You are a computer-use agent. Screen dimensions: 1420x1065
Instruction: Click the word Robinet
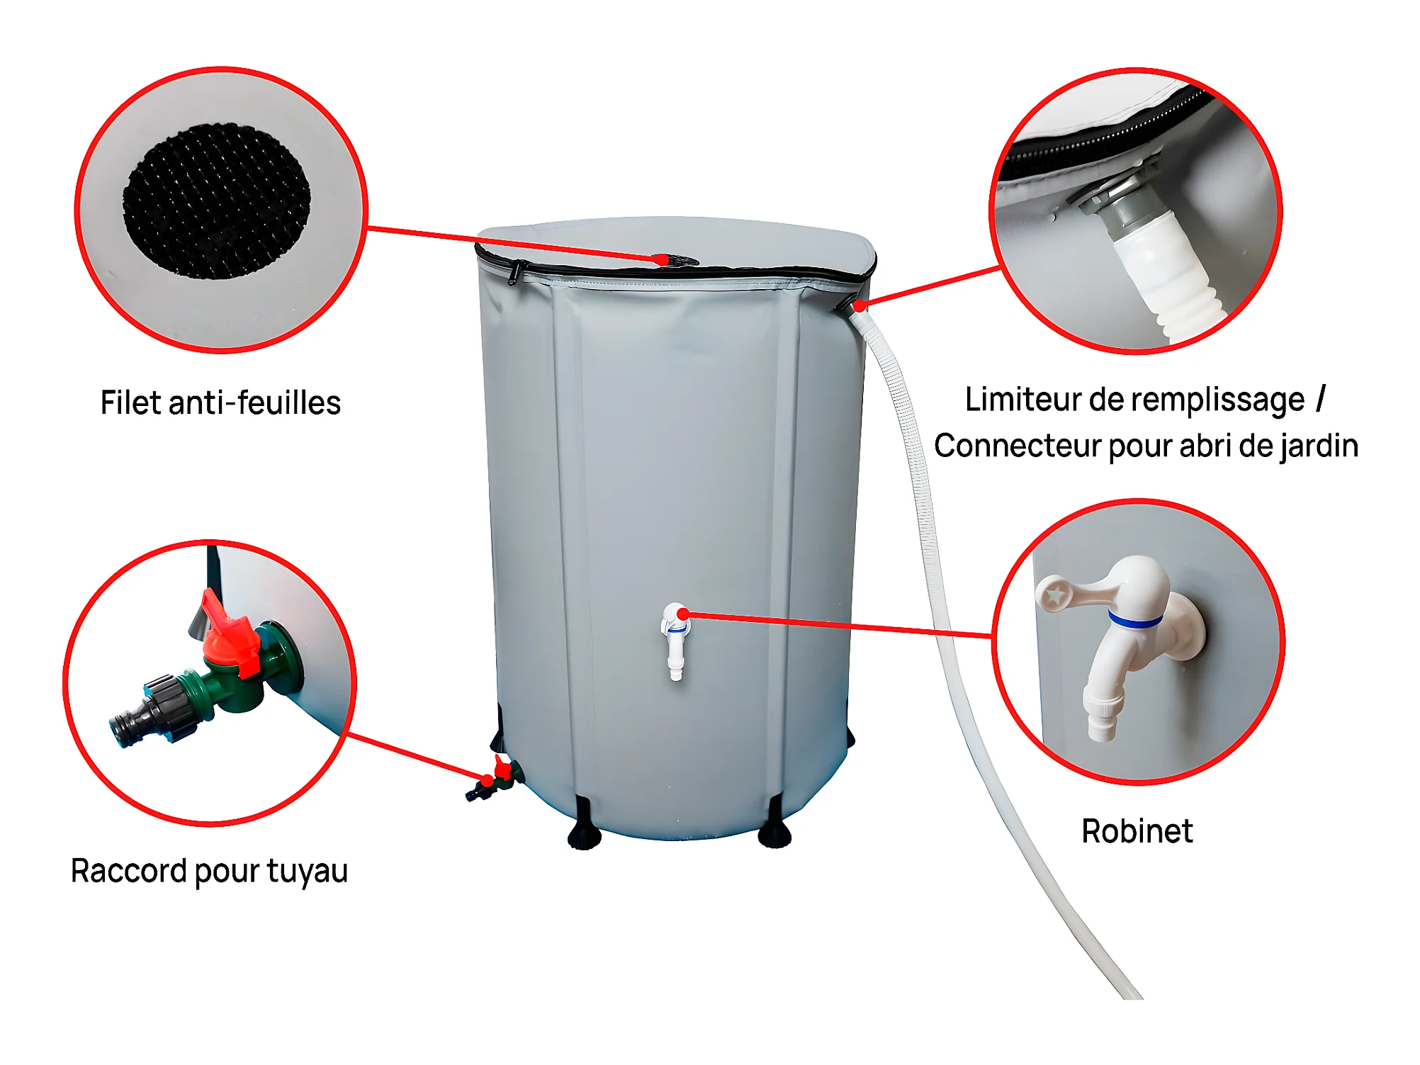coord(1137,831)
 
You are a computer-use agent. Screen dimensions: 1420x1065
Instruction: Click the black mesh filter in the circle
coord(217,201)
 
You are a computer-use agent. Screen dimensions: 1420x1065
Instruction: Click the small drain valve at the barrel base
coord(495,779)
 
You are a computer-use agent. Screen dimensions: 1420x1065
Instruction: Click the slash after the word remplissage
coord(1321,398)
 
